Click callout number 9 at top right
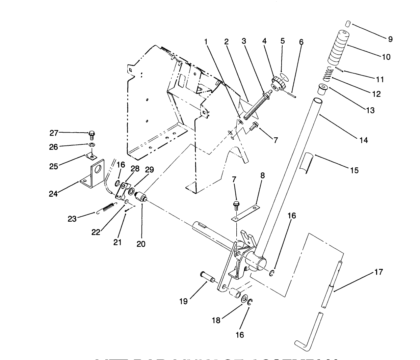390,39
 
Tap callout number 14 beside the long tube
364,140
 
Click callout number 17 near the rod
379,272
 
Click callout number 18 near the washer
216,320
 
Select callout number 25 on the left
54,166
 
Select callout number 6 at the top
301,42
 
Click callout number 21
117,242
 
